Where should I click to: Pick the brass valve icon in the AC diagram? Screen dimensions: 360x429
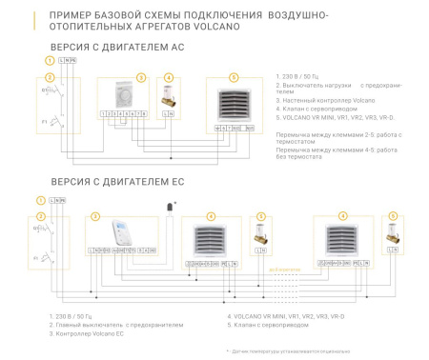(169, 97)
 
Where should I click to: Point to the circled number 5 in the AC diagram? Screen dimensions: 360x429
(235, 77)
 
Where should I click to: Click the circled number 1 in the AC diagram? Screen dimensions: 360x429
(40, 61)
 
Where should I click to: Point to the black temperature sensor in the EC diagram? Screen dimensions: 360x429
(171, 207)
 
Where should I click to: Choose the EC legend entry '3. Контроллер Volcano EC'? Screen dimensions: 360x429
(87, 333)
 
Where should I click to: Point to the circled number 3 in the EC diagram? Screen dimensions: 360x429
(95, 215)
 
